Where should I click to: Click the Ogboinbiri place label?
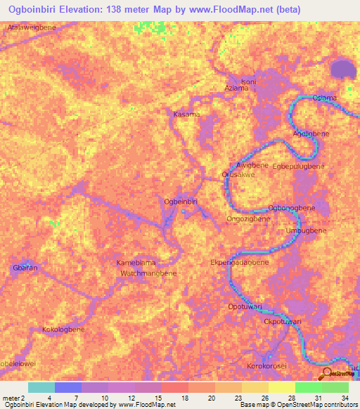pos(180,202)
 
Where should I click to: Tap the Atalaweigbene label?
pos(32,27)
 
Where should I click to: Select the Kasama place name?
pos(187,114)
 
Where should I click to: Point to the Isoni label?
pos(249,82)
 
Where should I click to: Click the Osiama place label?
pos(324,98)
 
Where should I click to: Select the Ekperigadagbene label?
pos(240,262)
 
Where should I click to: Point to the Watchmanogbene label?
pos(148,272)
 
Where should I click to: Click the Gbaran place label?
pos(24,268)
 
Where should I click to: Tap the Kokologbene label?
pos(63,330)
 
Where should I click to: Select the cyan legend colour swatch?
pos(41,387)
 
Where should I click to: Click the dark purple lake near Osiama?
pos(343,69)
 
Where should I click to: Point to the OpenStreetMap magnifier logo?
pos(326,373)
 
